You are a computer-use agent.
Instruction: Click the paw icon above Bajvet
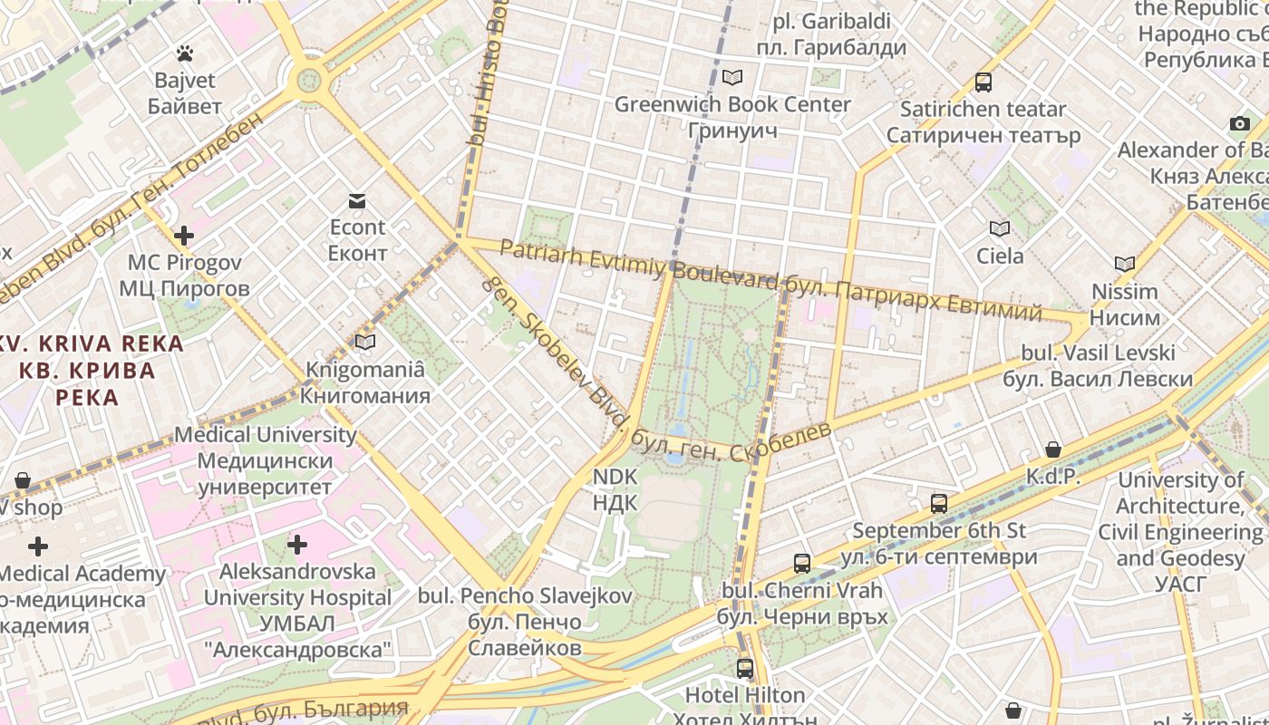click(185, 53)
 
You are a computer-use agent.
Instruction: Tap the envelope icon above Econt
click(357, 200)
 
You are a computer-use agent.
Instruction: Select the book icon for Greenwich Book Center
click(732, 78)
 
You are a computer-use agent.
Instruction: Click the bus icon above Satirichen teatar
click(983, 82)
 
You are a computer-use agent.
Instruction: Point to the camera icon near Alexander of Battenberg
click(1239, 123)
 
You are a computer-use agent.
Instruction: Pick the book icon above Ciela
click(1000, 229)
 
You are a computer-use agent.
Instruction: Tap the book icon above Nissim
click(1124, 265)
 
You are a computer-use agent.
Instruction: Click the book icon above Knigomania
click(365, 342)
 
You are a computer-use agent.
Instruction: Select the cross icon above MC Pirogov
click(184, 237)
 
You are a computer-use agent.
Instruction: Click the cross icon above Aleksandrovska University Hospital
click(297, 545)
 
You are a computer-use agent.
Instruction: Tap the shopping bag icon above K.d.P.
click(1053, 449)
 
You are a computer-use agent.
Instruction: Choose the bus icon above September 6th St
click(939, 504)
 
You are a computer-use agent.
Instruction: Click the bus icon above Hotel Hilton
click(745, 669)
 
